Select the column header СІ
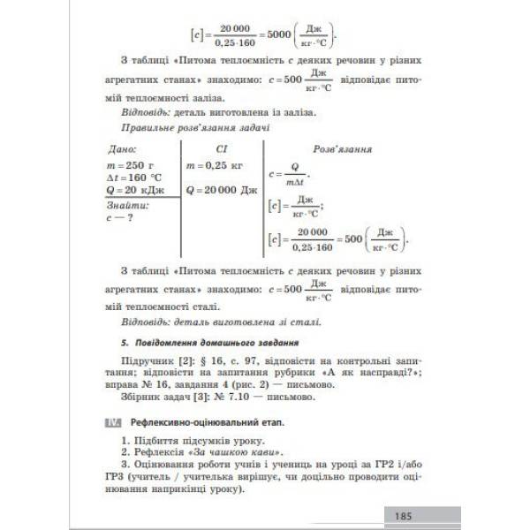click(x=223, y=149)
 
